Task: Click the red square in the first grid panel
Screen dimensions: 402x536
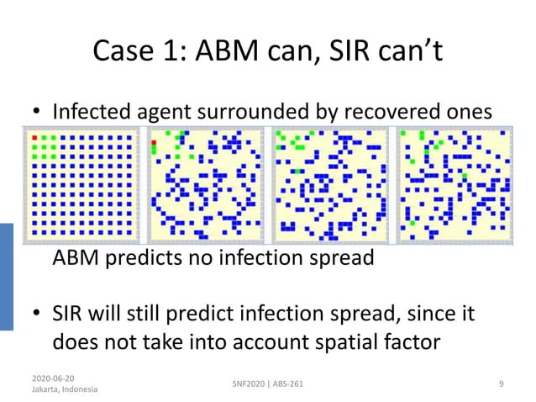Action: point(33,136)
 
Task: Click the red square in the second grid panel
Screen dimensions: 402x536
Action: point(154,144)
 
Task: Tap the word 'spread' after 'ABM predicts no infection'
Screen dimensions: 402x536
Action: point(339,257)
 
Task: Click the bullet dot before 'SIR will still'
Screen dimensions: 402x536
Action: point(37,316)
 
